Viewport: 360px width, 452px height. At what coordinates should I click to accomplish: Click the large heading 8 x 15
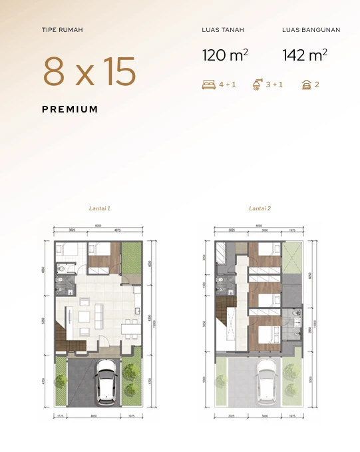click(89, 72)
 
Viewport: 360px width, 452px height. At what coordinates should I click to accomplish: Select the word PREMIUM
click(70, 109)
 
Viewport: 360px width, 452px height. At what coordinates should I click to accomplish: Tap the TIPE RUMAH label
click(62, 30)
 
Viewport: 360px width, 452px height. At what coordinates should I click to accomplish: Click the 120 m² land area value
click(225, 55)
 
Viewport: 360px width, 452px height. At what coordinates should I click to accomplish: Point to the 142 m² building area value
click(304, 55)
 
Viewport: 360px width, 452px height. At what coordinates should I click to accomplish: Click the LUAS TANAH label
click(223, 30)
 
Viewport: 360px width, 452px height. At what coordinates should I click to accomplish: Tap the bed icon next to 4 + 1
click(208, 85)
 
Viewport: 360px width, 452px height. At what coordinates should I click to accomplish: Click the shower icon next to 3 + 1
click(258, 85)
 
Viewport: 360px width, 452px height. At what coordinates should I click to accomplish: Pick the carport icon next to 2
click(307, 85)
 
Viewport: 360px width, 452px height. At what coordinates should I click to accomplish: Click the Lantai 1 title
click(99, 208)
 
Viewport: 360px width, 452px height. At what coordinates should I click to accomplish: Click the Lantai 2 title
click(260, 208)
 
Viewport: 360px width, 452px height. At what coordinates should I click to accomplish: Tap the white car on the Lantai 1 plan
click(106, 382)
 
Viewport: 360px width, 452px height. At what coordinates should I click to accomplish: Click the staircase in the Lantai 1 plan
click(63, 333)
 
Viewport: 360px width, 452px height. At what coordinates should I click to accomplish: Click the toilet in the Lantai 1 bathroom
click(61, 269)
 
